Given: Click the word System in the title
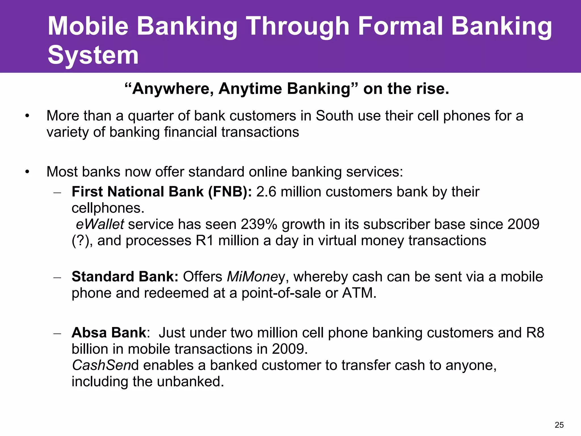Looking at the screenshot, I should (x=93, y=55).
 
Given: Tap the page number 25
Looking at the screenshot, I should (x=559, y=425).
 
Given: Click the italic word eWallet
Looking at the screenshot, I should (x=100, y=224).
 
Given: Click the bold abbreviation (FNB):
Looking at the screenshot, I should (x=230, y=192).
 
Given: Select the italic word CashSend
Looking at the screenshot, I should (x=105, y=365).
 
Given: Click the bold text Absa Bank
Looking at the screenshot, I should (x=109, y=333).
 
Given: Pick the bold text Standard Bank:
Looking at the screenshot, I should (x=125, y=277).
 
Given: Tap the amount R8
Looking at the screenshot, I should (x=535, y=333).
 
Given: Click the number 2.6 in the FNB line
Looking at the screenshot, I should (x=266, y=192).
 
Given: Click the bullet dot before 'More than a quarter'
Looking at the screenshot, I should (x=27, y=116).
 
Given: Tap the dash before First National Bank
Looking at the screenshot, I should (x=57, y=192).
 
